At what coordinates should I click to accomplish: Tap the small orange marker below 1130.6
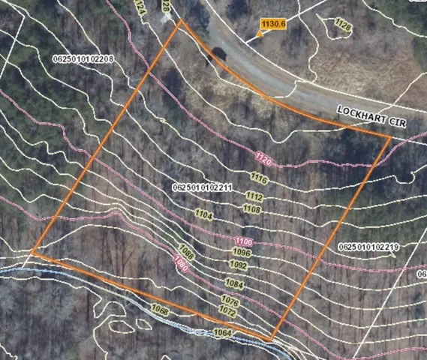pos(260,34)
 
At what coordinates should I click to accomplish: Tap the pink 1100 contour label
pos(243,241)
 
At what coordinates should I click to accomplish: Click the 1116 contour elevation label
pos(259,178)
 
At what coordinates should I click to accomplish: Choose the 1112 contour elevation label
pos(254,196)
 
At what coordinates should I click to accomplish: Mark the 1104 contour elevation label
pos(205,214)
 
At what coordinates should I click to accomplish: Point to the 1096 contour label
pos(241,252)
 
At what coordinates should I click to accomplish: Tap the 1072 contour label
pos(228,309)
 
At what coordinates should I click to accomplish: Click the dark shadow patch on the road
pos(219,55)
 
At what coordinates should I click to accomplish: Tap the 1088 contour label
pos(187,252)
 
